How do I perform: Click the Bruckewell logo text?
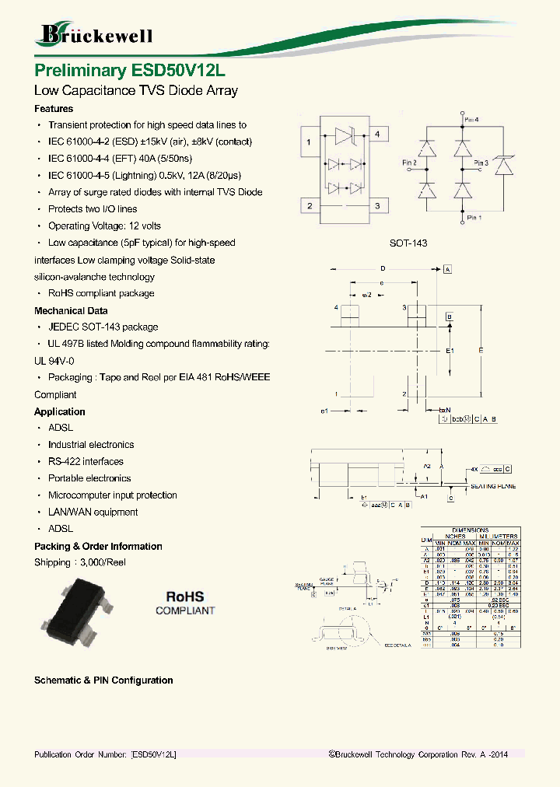click(x=96, y=35)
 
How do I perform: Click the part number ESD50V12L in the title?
click(x=175, y=69)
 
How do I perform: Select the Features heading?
click(x=54, y=109)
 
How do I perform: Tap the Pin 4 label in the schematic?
click(x=471, y=120)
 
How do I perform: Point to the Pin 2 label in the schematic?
click(x=409, y=163)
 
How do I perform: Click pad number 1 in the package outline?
click(x=310, y=142)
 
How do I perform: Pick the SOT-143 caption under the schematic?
click(x=408, y=243)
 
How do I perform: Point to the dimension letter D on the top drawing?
click(x=382, y=268)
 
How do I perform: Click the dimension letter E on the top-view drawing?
click(x=481, y=351)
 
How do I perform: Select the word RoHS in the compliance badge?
click(x=185, y=596)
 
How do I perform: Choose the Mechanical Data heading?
click(x=70, y=310)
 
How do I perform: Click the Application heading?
click(x=60, y=411)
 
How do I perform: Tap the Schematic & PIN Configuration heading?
click(x=103, y=680)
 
